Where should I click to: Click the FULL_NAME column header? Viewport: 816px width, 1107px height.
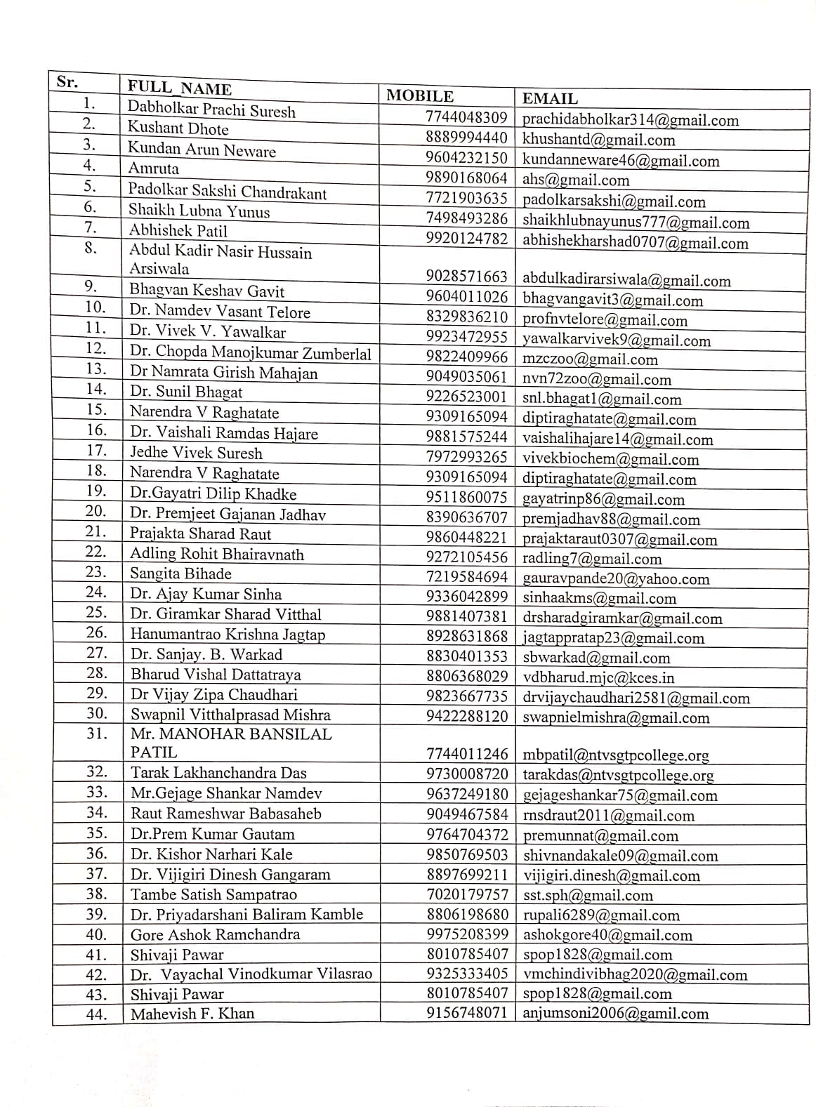179,88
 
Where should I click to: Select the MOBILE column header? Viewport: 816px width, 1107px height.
420,96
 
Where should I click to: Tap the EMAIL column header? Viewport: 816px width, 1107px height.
550,99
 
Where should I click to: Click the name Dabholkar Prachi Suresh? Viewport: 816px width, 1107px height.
211,110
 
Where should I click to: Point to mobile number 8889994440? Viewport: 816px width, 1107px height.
466,138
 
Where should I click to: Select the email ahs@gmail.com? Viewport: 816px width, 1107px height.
576,180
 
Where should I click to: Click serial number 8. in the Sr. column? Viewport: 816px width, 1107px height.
91,248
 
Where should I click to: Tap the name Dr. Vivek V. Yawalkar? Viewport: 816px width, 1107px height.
208,331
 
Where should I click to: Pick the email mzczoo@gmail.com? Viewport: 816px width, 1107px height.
590,359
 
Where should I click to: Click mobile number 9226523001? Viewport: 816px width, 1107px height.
466,397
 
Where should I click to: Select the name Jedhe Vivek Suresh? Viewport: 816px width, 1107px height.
196,453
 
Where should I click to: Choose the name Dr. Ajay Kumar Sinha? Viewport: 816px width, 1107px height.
206,594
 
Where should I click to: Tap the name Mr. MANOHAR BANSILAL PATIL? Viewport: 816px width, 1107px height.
230,743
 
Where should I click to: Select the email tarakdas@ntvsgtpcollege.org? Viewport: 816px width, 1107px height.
618,775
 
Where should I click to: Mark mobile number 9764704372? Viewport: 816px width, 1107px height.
466,835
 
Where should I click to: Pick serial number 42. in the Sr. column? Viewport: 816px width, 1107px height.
96,975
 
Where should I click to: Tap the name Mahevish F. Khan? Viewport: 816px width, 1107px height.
192,1014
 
